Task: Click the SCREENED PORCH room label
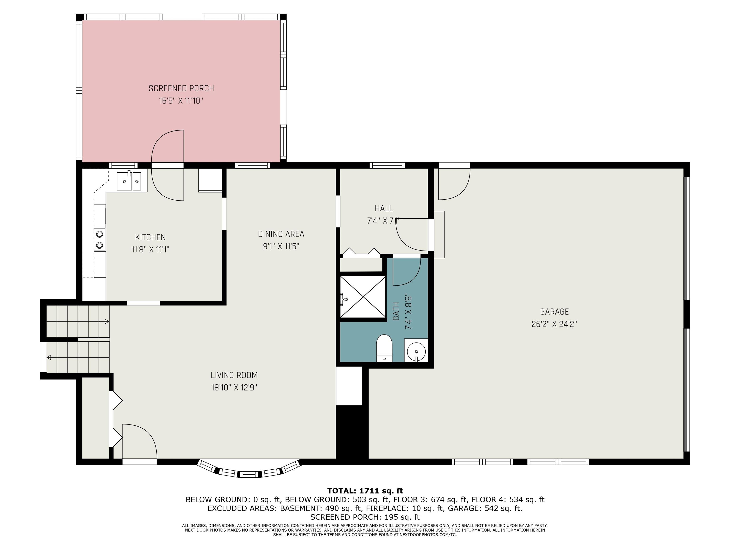tap(181, 88)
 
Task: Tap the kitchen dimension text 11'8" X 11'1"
tap(150, 249)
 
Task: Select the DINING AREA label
tap(281, 234)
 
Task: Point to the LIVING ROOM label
tap(234, 375)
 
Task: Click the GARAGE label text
tap(554, 311)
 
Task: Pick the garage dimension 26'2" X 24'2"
tap(554, 324)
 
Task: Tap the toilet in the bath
tap(384, 348)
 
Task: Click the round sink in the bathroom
tap(416, 351)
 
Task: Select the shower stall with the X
tap(363, 297)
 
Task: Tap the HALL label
tap(384, 208)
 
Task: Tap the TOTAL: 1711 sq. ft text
tap(365, 491)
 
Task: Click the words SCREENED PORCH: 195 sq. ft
tap(365, 517)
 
